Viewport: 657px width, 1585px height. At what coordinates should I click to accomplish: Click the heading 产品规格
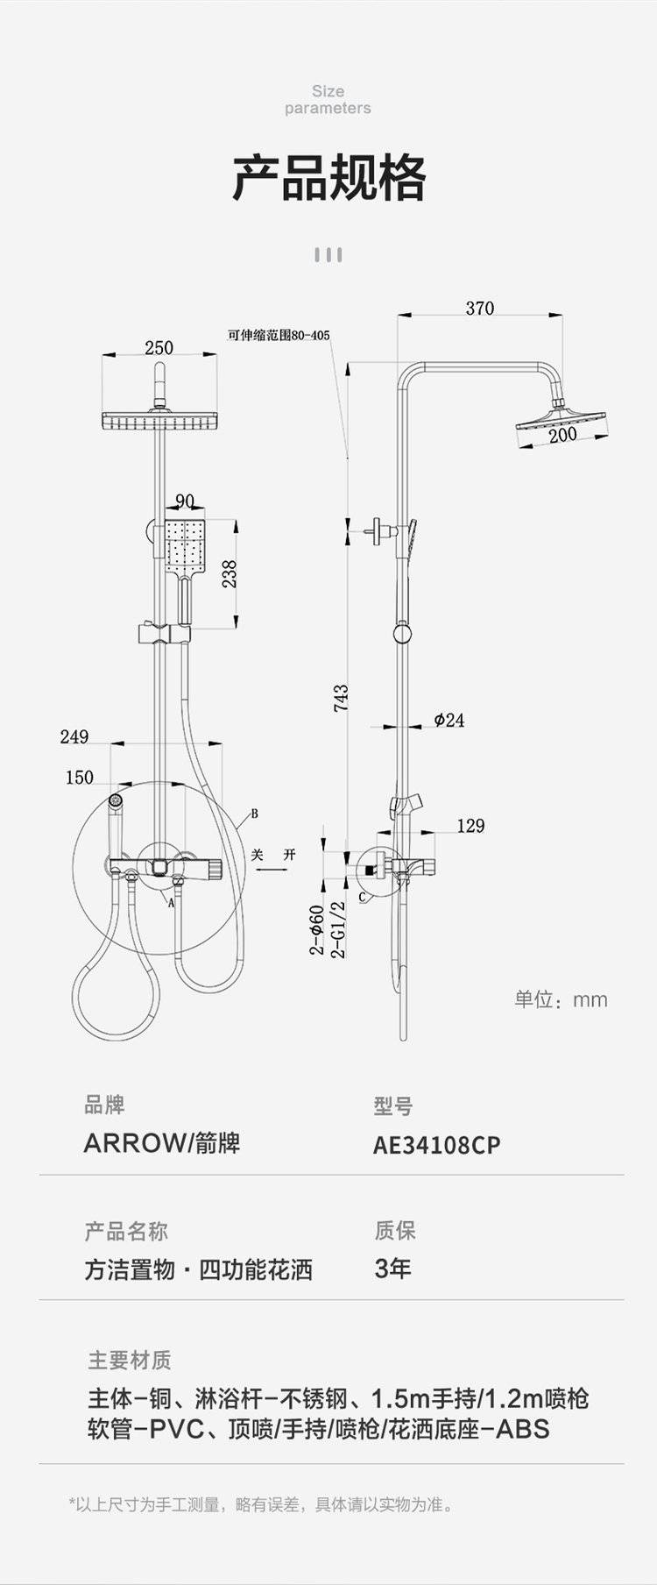coord(328,178)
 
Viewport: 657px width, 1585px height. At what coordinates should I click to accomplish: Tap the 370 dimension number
coord(479,309)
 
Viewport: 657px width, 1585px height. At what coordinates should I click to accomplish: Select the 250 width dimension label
coord(159,347)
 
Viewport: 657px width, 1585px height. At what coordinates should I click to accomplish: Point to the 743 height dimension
coord(341,698)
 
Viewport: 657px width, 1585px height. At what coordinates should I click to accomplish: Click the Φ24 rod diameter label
coord(449,721)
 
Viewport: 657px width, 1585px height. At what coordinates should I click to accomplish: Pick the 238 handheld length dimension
coord(230,574)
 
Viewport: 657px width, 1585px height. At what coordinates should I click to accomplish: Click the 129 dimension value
coord(470,826)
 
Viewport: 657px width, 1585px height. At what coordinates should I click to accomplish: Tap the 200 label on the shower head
coord(562,434)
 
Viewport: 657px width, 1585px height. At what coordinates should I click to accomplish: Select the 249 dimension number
coord(74,736)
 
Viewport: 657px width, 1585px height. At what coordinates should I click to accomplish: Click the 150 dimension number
coord(80,778)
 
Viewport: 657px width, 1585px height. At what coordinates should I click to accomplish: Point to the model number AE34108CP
coord(437,1145)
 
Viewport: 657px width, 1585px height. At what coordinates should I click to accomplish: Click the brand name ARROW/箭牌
coord(162,1143)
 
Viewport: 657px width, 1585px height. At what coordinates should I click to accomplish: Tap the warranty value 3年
coord(392,1269)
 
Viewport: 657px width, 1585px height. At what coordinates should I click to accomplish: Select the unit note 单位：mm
coord(561,999)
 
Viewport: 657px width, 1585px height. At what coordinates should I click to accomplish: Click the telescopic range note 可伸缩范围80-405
coord(279,335)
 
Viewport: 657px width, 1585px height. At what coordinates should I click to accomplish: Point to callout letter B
coord(254,814)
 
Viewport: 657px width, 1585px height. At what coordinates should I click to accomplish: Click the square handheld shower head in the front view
coord(185,547)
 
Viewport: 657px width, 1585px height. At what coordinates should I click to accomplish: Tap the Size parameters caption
coord(328,99)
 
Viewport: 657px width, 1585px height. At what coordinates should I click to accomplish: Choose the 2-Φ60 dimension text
coord(317,929)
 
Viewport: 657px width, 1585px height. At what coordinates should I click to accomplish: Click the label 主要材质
coord(130,1360)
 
